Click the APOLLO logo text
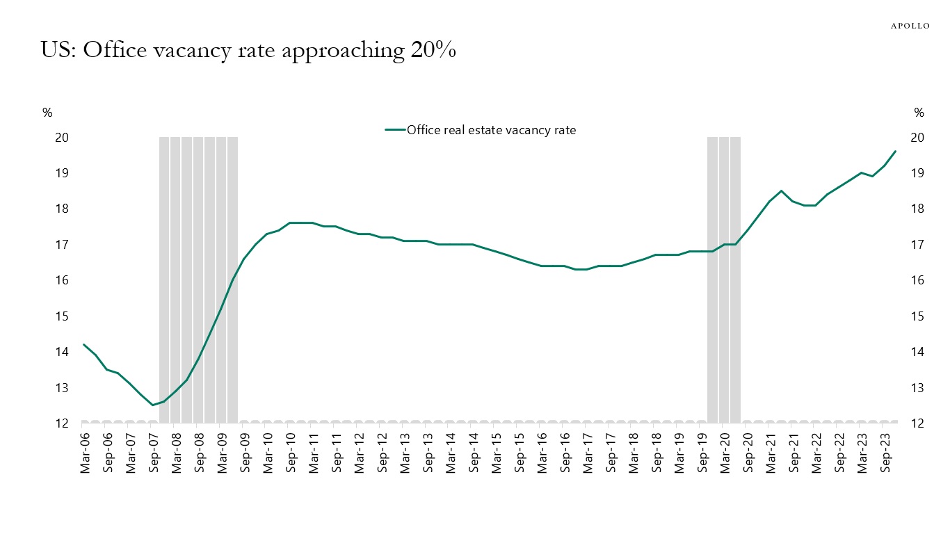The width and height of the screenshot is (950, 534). (x=910, y=26)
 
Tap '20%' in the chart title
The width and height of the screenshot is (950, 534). (x=433, y=51)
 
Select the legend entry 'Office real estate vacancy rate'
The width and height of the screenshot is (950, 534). (x=491, y=129)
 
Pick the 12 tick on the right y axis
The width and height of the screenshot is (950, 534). (x=919, y=423)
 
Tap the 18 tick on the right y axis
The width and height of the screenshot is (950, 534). (x=919, y=209)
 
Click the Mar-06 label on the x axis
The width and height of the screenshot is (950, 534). (x=85, y=453)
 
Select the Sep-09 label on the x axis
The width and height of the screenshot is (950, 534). (x=245, y=453)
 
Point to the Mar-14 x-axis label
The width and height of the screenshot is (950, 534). (x=451, y=453)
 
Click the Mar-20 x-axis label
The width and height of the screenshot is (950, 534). (x=725, y=453)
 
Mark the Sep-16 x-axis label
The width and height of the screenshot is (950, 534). (x=565, y=453)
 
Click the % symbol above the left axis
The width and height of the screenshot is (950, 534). (x=47, y=113)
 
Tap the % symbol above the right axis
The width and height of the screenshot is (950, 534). (x=919, y=113)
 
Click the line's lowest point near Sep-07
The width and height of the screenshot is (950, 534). (x=153, y=405)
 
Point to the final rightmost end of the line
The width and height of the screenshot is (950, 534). (x=895, y=151)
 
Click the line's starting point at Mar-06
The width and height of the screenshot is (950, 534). (x=84, y=344)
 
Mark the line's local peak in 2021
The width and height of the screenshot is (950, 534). (x=782, y=191)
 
